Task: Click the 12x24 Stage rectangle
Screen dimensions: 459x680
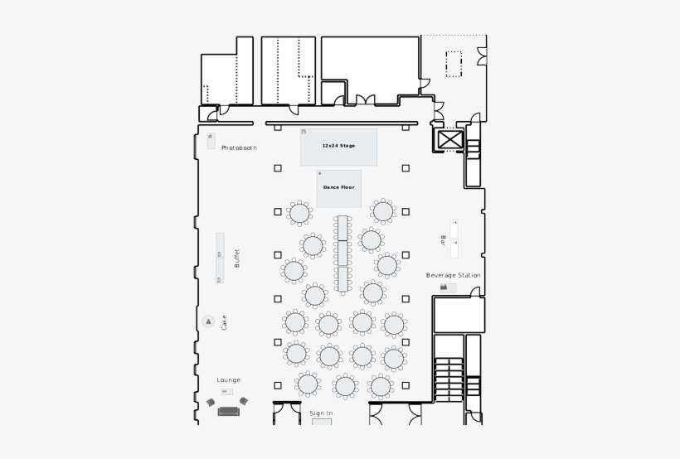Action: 338,147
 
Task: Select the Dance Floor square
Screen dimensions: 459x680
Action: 338,188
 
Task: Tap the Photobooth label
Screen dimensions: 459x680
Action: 239,147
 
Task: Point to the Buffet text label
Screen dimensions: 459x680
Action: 236,258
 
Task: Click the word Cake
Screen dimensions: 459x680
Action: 224,321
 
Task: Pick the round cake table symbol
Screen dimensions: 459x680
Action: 208,321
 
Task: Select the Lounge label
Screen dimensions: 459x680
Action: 229,380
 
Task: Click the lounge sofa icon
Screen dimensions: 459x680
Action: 228,411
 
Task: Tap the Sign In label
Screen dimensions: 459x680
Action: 321,413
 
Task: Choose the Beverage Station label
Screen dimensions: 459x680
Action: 453,275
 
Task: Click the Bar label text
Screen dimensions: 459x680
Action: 444,240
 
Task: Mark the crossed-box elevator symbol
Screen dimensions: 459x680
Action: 449,139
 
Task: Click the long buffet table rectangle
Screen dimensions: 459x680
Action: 220,258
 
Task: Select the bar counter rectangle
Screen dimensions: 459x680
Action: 454,239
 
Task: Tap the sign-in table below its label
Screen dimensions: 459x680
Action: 321,422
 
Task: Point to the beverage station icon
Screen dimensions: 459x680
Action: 448,287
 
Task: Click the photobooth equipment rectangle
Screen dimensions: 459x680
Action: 211,140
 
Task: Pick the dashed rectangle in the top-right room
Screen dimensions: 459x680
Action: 454,64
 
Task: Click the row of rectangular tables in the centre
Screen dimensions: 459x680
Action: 342,254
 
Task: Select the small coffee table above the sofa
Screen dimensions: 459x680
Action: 226,392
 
